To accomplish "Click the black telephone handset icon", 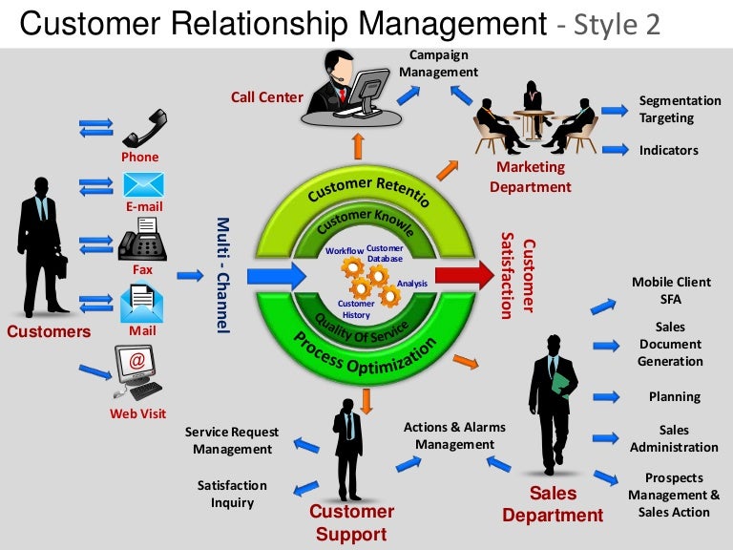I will pyautogui.click(x=144, y=129).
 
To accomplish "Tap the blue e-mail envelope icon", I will pyautogui.click(x=144, y=184).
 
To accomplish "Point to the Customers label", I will pyautogui.click(x=49, y=332).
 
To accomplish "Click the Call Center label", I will pyautogui.click(x=266, y=96).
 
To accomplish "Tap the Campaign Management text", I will pyautogui.click(x=438, y=63).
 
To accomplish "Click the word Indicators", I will pyautogui.click(x=668, y=150).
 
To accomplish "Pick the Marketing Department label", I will pyautogui.click(x=531, y=177).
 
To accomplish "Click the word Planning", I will pyautogui.click(x=674, y=396).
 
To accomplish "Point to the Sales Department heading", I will pyautogui.click(x=553, y=504).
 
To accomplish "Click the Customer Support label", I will pyautogui.click(x=351, y=522).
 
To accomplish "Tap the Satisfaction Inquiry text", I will pyautogui.click(x=232, y=494).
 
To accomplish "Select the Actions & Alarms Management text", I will pyautogui.click(x=454, y=435).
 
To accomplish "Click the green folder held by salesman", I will pyautogui.click(x=561, y=384).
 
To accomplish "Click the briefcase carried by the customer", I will pyautogui.click(x=58, y=264).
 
